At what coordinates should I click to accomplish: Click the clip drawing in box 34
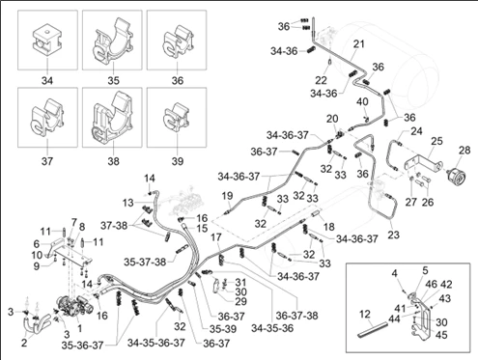coord(47,40)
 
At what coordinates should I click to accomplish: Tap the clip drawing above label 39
coord(178,118)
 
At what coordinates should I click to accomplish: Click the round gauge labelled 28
coord(457,174)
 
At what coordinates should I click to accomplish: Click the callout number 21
coord(358,43)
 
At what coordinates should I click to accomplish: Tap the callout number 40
coord(362,101)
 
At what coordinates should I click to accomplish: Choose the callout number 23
coord(393,235)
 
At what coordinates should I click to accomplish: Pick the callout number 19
coord(227,196)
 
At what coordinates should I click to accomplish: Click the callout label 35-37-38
coord(145,262)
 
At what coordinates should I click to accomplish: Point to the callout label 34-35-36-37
coord(156,343)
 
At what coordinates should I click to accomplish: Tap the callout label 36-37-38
coord(296,316)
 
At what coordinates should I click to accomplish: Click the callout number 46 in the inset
coord(432,284)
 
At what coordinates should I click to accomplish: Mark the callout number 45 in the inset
coord(441,335)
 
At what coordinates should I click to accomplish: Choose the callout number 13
coord(127,204)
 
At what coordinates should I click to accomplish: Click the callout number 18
coord(328,227)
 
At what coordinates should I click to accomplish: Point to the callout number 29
coord(240,301)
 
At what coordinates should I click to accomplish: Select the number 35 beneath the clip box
coord(113,80)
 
